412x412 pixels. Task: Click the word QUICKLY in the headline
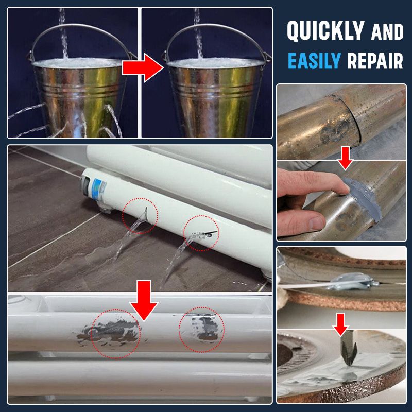[326, 31]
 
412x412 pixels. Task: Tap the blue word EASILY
[314, 61]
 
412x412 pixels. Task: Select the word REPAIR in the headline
[375, 61]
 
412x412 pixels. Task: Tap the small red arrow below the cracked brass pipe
[346, 157]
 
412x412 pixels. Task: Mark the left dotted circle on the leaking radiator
[140, 216]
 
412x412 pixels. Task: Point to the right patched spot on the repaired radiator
[202, 330]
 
